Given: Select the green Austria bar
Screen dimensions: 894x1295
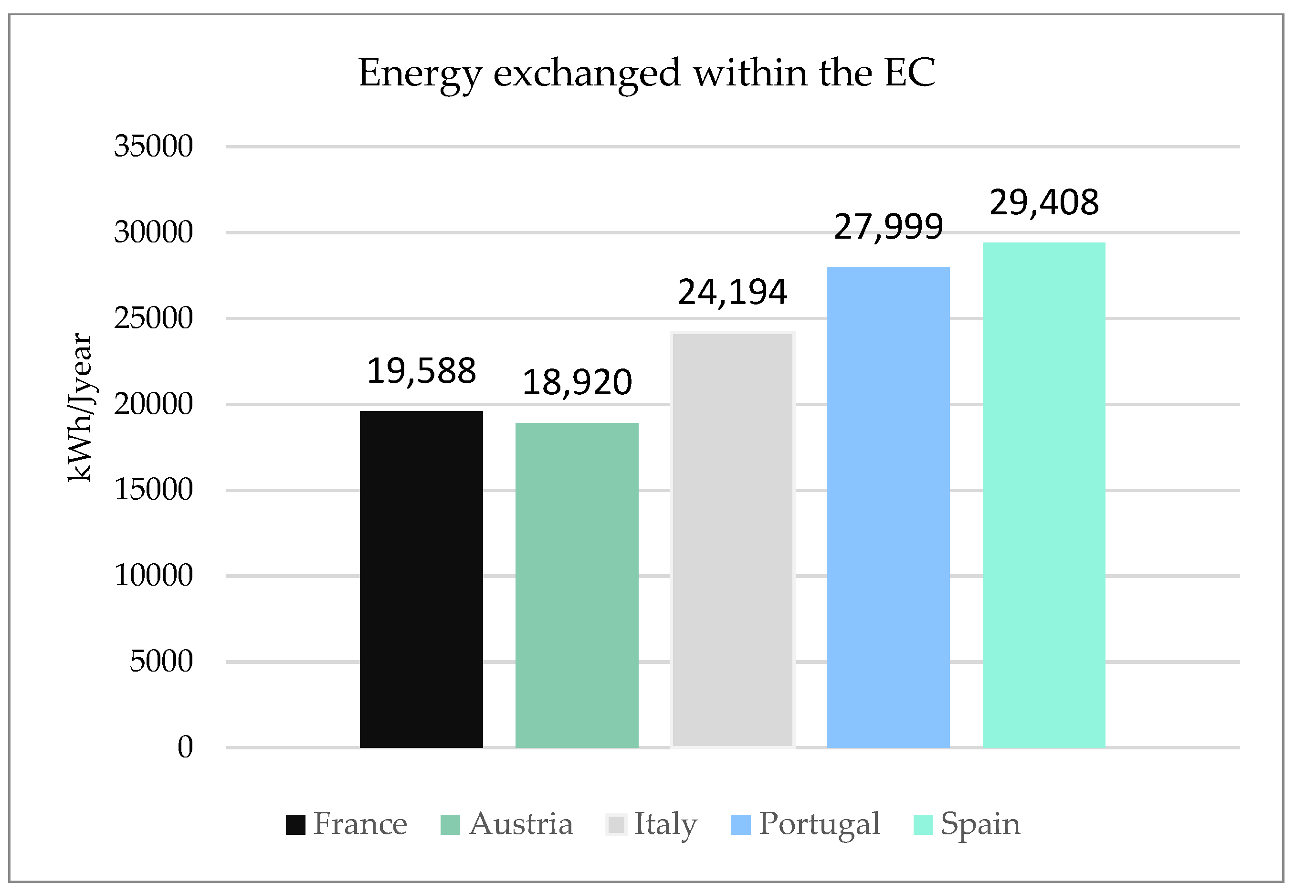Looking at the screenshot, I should tap(577, 585).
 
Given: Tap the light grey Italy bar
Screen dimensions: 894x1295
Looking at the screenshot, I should tap(733, 540).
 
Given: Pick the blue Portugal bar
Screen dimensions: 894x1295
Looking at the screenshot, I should tap(888, 507).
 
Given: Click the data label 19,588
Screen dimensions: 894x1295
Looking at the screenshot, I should tap(421, 371).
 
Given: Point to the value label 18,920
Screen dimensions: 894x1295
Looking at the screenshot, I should tap(577, 383).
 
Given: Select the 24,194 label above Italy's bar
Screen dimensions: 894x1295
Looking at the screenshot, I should tap(733, 293).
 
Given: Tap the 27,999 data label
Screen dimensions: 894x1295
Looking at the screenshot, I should tap(888, 227).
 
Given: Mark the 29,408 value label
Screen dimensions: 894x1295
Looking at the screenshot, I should tap(1044, 202).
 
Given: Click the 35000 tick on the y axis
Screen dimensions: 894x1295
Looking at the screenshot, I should tap(154, 146).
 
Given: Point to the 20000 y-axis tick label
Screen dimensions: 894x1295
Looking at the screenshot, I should tap(154, 404).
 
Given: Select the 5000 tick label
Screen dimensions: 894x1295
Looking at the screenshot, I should tap(161, 662).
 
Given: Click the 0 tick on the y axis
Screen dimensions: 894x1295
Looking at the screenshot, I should tap(185, 747).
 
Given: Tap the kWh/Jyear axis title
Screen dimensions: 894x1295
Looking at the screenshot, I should tap(80, 407).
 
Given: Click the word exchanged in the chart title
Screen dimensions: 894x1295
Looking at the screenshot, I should tap(587, 74).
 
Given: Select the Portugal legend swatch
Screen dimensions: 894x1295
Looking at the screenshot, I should tap(740, 824).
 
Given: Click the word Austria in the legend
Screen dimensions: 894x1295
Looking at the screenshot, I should tap(521, 824).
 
